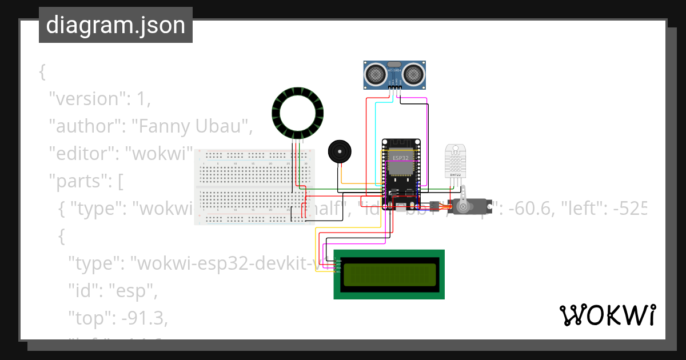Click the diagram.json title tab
(x=115, y=25)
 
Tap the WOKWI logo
(x=607, y=315)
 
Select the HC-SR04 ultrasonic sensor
(x=395, y=74)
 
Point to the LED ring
(x=297, y=113)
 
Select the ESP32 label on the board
(x=400, y=157)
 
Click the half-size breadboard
(x=254, y=187)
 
